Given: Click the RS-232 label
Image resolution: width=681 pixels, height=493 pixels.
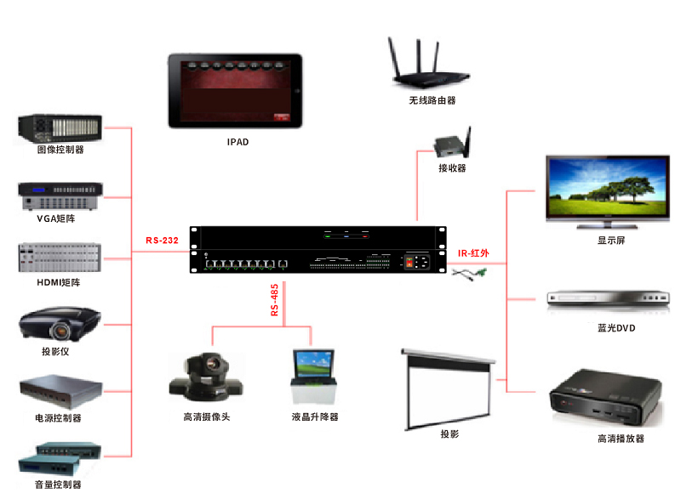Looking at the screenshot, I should (162, 241).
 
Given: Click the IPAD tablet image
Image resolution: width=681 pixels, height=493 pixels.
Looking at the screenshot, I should (235, 91).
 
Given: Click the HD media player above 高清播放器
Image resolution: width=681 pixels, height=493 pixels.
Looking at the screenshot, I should (606, 398).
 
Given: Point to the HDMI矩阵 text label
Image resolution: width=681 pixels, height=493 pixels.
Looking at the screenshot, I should (59, 282).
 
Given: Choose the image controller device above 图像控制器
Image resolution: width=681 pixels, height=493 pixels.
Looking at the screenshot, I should (60, 127).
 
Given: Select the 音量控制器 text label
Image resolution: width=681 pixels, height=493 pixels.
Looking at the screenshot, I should (59, 484).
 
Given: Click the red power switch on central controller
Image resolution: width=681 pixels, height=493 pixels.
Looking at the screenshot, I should (417, 263).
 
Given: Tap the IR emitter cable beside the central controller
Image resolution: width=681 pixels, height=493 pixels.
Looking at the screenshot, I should (469, 274).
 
